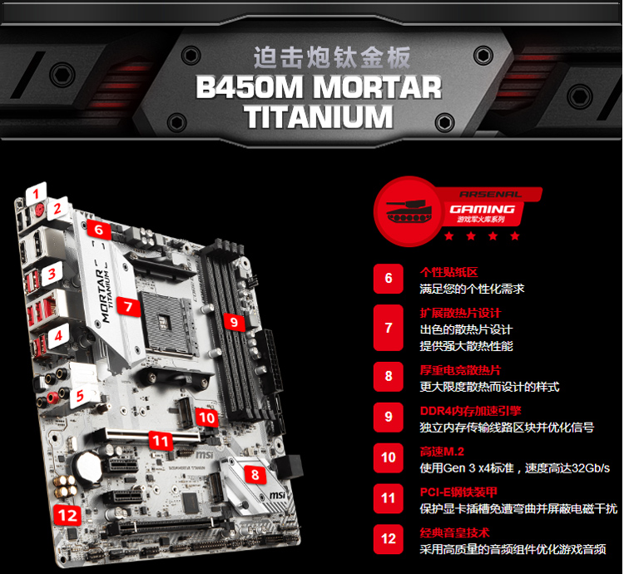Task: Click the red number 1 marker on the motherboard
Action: (x=35, y=194)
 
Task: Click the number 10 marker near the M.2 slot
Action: (x=207, y=418)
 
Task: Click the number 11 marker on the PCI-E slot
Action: (x=160, y=440)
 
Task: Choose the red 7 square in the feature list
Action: (x=389, y=328)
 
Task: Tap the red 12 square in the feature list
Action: (x=389, y=538)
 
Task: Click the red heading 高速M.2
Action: (x=443, y=451)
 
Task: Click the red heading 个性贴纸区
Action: (x=449, y=272)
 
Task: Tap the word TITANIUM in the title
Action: (x=318, y=116)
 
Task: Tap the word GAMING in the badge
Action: (x=483, y=209)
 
